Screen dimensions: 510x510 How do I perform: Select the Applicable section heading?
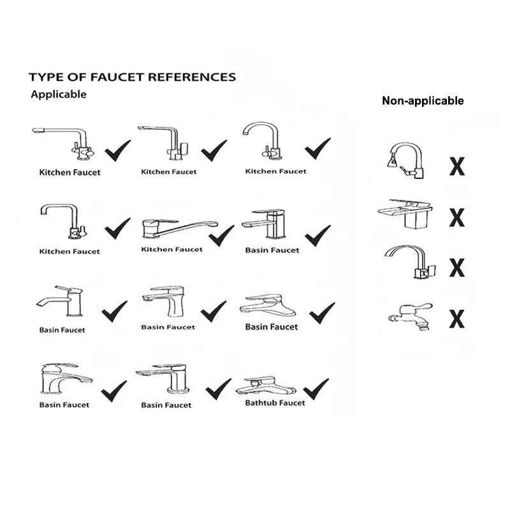(x=59, y=94)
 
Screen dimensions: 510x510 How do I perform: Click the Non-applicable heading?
(x=423, y=100)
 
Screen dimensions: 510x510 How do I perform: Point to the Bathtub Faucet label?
(x=275, y=403)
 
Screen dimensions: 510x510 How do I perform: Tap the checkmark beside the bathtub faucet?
(x=316, y=387)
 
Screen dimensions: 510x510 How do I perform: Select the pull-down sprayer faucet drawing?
(x=406, y=159)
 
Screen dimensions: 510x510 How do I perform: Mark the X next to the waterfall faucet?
(x=456, y=217)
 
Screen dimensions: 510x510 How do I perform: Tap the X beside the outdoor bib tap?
(x=456, y=317)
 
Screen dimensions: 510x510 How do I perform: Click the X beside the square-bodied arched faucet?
(x=456, y=267)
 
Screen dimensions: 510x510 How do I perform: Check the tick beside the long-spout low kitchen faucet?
(x=221, y=235)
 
